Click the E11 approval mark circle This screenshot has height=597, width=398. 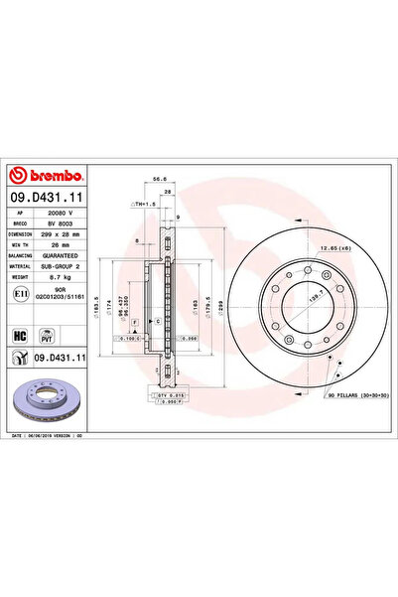point(22,294)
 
